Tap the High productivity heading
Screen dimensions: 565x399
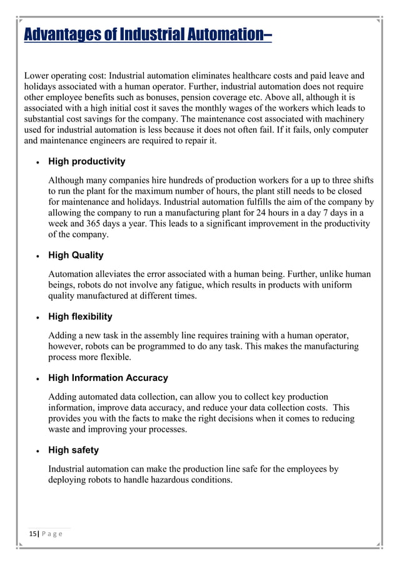pos(86,162)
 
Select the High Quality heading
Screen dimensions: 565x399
pos(76,256)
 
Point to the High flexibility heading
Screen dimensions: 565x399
pos(80,317)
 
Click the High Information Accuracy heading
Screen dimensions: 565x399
pos(108,378)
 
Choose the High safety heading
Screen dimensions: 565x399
pos(73,450)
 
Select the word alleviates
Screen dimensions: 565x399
pos(116,274)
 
